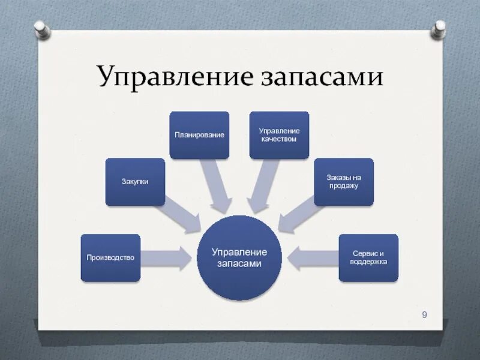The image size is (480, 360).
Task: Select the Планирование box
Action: (x=199, y=135)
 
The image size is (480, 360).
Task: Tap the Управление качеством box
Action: (x=279, y=135)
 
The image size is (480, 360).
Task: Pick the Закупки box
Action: (x=135, y=182)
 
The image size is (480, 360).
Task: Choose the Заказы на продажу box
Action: (x=343, y=182)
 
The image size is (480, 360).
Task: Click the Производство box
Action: (x=110, y=258)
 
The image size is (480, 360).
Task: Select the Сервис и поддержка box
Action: (x=368, y=258)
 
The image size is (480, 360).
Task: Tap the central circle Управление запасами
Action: (x=239, y=258)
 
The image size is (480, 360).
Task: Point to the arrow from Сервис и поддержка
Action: (x=312, y=258)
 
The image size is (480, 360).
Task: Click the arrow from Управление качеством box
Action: (x=262, y=186)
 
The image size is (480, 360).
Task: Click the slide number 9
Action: (x=425, y=314)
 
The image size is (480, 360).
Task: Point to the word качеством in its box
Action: (x=279, y=139)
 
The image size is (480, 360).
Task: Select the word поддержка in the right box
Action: (x=368, y=262)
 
